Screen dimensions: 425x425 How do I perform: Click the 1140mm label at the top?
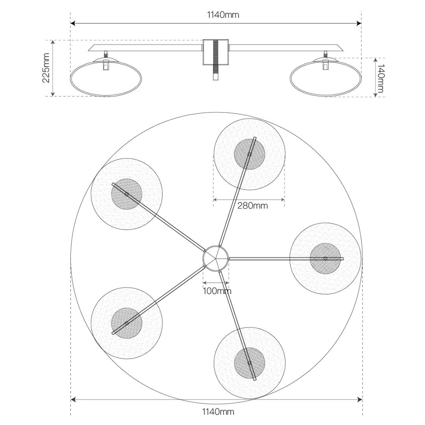click(223, 15)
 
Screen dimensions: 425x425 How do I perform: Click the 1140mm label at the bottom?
click(218, 412)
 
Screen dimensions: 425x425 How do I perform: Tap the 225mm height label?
click(46, 68)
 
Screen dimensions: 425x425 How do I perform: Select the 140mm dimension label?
click(381, 78)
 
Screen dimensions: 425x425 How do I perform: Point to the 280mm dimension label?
click(252, 205)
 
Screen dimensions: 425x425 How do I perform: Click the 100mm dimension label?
click(217, 291)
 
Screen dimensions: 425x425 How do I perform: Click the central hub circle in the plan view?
click(216, 258)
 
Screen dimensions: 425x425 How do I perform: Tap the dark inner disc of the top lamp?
click(249, 154)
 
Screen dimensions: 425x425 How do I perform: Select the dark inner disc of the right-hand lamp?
click(325, 258)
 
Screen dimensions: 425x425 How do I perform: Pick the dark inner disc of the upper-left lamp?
click(127, 194)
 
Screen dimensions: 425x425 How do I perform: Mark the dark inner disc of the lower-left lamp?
click(127, 323)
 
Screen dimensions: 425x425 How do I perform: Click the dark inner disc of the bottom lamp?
click(249, 363)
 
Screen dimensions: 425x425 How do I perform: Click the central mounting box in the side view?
click(216, 52)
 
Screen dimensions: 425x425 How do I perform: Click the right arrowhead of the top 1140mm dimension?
click(359, 23)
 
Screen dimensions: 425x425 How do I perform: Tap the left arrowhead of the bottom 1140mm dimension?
click(73, 400)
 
